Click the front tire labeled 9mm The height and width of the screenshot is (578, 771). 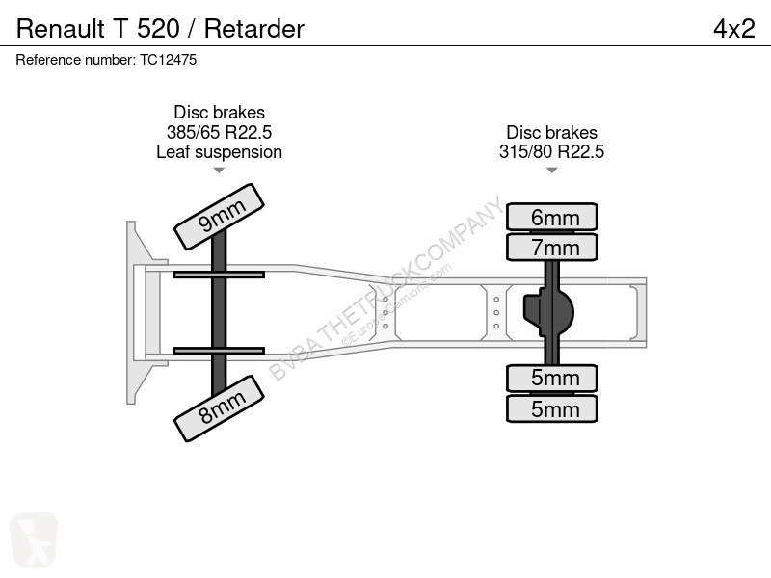click(x=220, y=217)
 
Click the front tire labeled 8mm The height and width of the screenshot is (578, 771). click(x=220, y=408)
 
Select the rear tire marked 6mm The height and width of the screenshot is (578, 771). click(x=551, y=217)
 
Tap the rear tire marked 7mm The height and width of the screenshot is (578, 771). click(x=551, y=247)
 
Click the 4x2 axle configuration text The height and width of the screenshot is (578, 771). click(x=733, y=29)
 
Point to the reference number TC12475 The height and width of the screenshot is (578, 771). click(x=168, y=60)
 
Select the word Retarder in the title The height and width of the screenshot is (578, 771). click(x=254, y=29)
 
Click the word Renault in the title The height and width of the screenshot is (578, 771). click(x=61, y=29)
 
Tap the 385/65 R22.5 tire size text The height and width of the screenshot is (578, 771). click(x=220, y=132)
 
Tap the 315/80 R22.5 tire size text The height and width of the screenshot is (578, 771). click(x=551, y=152)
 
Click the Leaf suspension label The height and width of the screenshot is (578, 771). click(x=220, y=152)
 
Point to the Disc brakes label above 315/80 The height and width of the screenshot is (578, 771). click(x=551, y=132)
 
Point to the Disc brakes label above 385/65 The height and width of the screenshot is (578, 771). click(x=220, y=112)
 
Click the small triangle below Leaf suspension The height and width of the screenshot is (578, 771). click(x=219, y=171)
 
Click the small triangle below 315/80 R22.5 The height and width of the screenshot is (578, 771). click(x=551, y=171)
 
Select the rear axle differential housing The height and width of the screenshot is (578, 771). click(x=548, y=312)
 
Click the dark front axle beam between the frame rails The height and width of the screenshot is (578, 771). click(x=219, y=312)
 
